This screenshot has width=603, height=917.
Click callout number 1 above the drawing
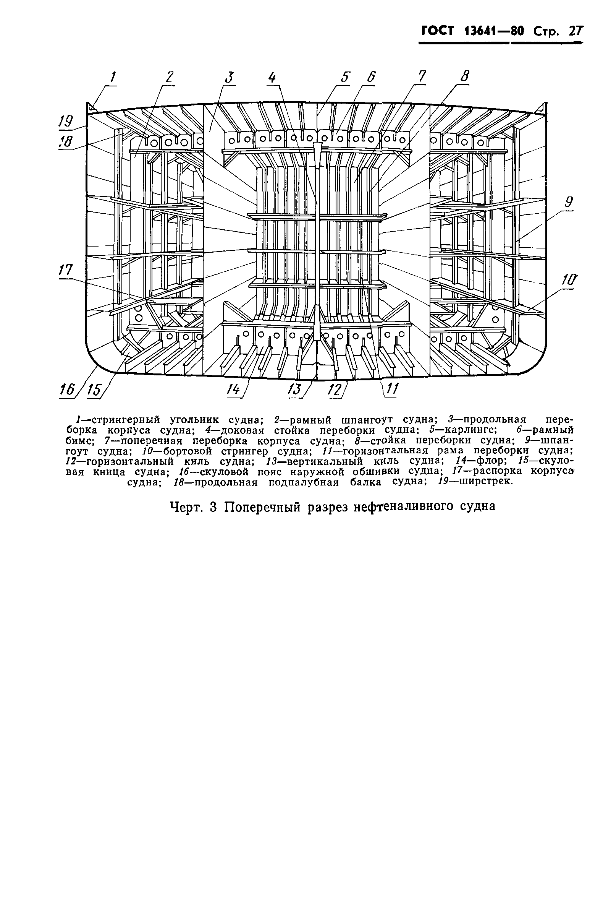coord(113,78)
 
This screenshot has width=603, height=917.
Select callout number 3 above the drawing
coord(230,78)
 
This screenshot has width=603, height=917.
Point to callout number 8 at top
coord(465,76)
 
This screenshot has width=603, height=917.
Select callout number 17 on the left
coord(66,270)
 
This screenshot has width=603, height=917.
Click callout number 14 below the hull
coord(233,390)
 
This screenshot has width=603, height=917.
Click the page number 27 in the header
coord(576,31)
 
